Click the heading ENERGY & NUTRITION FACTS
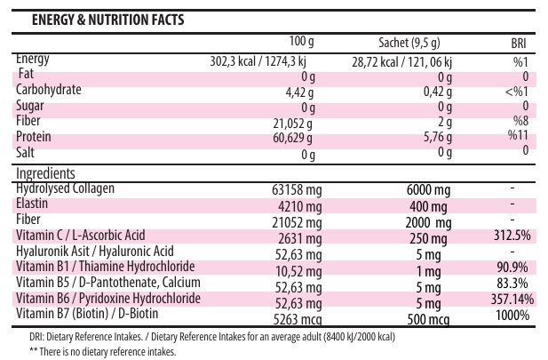coord(108,20)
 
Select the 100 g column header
coord(303,43)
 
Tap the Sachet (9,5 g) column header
coord(409,44)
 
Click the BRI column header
coord(519,44)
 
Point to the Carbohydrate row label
coord(49,90)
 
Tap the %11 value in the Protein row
coord(518,135)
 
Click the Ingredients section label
coord(45,173)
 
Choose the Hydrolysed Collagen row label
coord(66,188)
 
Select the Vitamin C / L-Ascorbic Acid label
coord(81,236)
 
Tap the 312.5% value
coord(512,236)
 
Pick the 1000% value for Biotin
coord(513,315)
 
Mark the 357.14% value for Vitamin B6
coord(508,299)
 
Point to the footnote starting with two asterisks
coord(97,351)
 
